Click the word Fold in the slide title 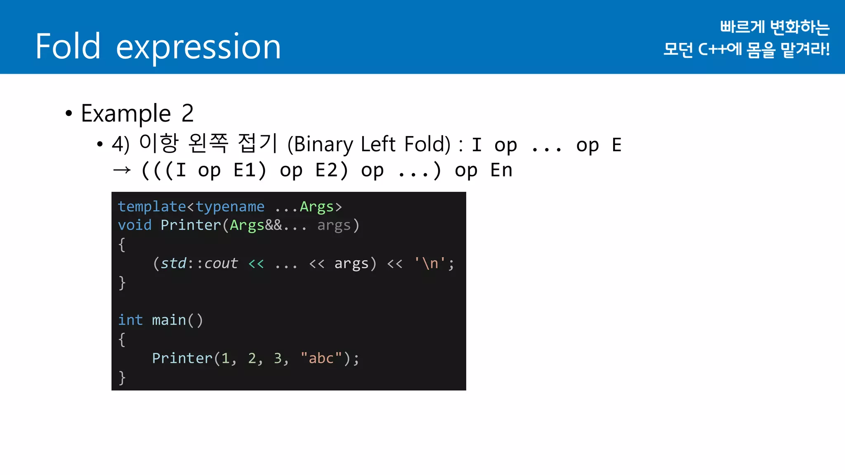(68, 46)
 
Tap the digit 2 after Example (187, 113)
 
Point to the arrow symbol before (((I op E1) (122, 170)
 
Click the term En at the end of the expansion (501, 170)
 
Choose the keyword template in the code (152, 206)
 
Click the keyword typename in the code (230, 206)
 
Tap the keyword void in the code (135, 225)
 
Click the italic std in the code (173, 263)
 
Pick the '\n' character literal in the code (430, 263)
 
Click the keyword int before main (130, 320)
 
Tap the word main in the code (169, 320)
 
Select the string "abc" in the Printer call (321, 358)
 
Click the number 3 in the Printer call (278, 358)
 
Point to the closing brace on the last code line (122, 377)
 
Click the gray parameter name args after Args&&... (334, 225)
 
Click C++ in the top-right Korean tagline (712, 49)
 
